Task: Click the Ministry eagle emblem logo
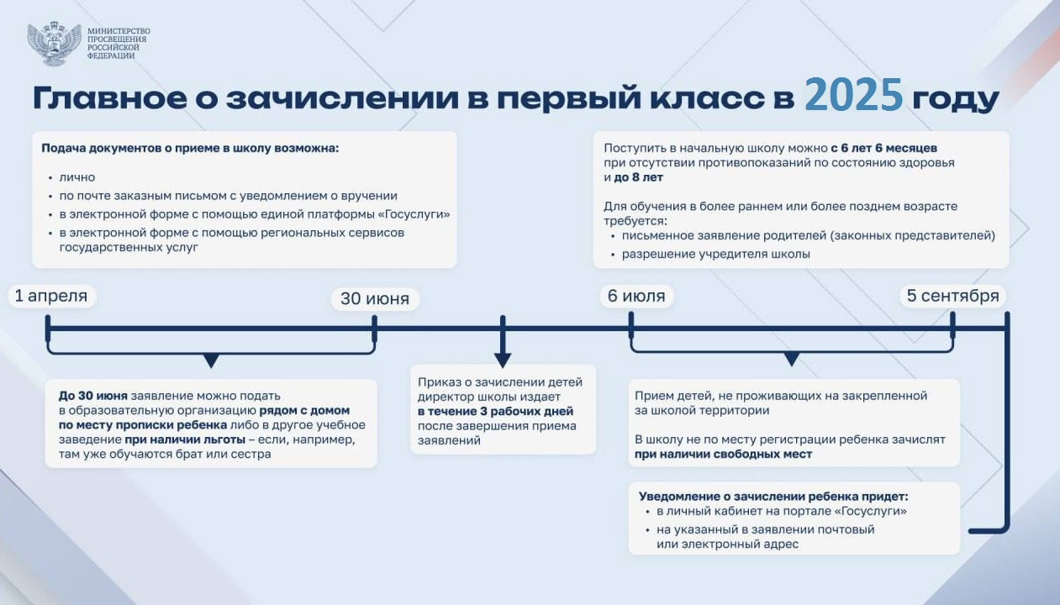(x=54, y=43)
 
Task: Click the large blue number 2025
(x=854, y=95)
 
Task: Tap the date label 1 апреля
(x=51, y=296)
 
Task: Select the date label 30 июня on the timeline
(x=375, y=299)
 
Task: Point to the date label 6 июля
(x=636, y=296)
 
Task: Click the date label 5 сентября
(x=952, y=296)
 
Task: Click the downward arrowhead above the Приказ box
(x=503, y=360)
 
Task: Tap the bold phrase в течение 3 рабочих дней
(x=495, y=412)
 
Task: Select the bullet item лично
(x=77, y=177)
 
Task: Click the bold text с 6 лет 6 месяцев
(x=884, y=148)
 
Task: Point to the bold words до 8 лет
(x=638, y=177)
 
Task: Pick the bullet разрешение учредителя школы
(x=716, y=254)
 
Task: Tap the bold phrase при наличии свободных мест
(x=723, y=455)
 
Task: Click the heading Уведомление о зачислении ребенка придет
(x=773, y=497)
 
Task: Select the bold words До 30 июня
(x=93, y=396)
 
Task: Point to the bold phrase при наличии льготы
(x=185, y=440)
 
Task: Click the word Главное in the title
(x=110, y=98)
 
